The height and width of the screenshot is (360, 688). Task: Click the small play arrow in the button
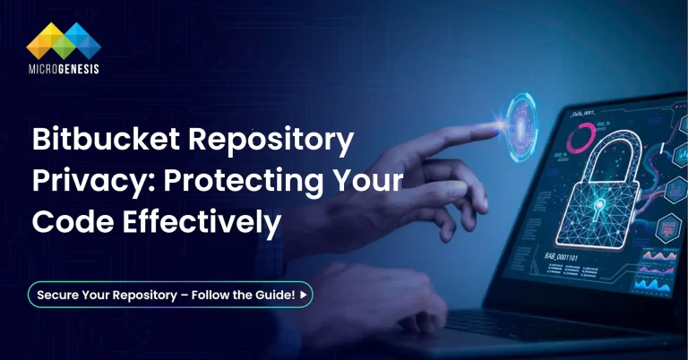tap(304, 295)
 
